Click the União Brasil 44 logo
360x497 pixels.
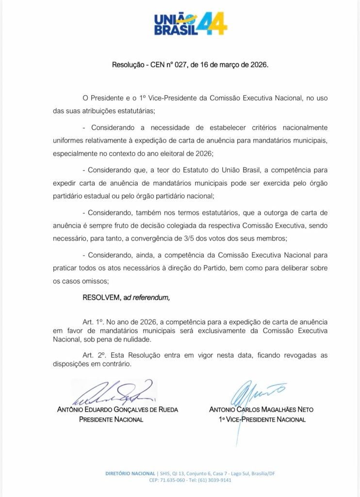pyautogui.click(x=190, y=24)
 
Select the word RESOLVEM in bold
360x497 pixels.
pyautogui.click(x=100, y=298)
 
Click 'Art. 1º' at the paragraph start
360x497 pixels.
pyautogui.click(x=94, y=322)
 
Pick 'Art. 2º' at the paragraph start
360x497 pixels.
pyautogui.click(x=94, y=355)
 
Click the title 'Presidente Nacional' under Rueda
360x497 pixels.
pyautogui.click(x=111, y=419)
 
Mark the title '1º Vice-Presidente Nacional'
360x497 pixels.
pyautogui.click(x=262, y=419)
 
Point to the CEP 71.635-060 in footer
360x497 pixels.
pyautogui.click(x=173, y=480)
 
